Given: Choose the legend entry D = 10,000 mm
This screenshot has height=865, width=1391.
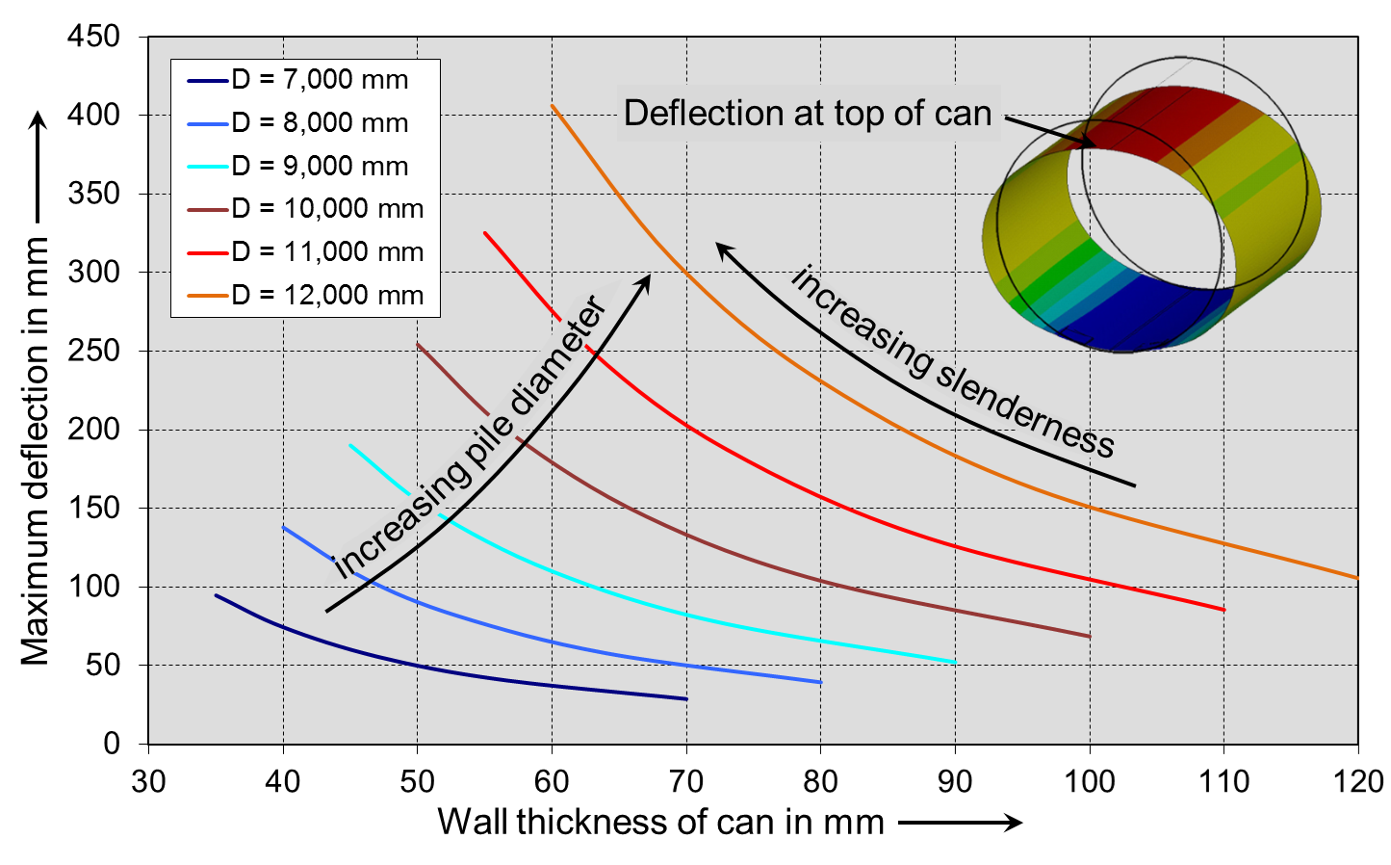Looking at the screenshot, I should (327, 208).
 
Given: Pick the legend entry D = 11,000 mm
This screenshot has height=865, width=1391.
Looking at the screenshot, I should (327, 251).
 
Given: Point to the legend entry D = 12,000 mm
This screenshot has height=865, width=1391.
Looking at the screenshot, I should (327, 295).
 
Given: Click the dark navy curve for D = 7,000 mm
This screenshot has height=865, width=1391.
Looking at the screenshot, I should (481, 676).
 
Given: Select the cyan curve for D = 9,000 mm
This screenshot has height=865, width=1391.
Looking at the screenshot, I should (685, 615).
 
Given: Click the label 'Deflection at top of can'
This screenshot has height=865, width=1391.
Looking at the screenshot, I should (807, 114).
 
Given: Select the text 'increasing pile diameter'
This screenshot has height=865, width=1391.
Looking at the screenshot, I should (472, 438).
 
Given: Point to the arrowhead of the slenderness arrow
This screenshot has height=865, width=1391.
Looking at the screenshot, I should (723, 249).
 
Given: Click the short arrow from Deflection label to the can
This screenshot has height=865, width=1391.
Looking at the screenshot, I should (1049, 131).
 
